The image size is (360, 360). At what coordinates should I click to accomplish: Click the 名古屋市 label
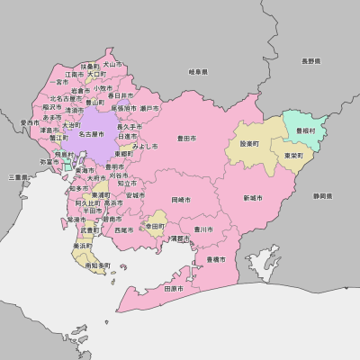pyautogui.click(x=94, y=134)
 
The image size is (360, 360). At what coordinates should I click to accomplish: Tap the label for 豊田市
pyautogui.click(x=187, y=138)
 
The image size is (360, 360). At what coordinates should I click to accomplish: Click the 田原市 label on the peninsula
pyautogui.click(x=174, y=290)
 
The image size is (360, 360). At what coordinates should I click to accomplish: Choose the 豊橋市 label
pyautogui.click(x=216, y=259)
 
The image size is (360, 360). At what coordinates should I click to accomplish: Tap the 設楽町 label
pyautogui.click(x=249, y=143)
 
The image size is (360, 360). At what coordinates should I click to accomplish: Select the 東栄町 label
pyautogui.click(x=292, y=156)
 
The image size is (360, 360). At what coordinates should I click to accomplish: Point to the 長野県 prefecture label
pyautogui.click(x=310, y=61)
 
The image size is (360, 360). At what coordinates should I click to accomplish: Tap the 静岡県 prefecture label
pyautogui.click(x=322, y=195)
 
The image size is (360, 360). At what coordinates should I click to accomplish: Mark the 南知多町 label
pyautogui.click(x=96, y=265)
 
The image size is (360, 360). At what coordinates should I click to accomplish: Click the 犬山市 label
pyautogui.click(x=112, y=65)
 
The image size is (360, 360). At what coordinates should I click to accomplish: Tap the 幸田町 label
pyautogui.click(x=156, y=227)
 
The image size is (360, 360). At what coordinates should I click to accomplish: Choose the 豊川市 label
pyautogui.click(x=203, y=229)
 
